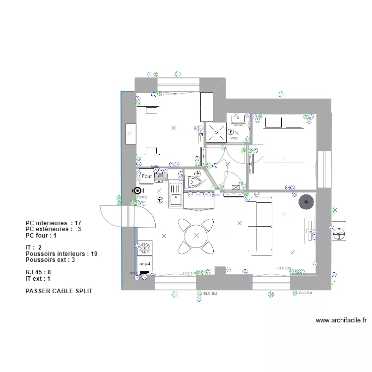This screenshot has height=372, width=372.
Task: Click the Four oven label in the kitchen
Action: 147,176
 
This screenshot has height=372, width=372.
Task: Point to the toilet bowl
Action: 193,182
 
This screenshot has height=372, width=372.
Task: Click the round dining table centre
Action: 196,235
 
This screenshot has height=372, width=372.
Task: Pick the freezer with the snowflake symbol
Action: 145,248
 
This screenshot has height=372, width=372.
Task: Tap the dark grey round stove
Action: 306,202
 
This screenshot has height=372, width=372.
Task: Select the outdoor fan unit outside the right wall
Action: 340,232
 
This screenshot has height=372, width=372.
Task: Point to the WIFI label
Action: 133,273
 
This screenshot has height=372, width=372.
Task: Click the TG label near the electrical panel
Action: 241,184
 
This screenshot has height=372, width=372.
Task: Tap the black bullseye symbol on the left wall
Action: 137,190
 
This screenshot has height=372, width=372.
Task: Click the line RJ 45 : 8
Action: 38,272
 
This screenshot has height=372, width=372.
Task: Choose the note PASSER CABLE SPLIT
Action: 59,291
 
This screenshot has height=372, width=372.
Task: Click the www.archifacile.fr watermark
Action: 341,320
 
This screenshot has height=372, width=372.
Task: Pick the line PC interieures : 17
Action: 53,223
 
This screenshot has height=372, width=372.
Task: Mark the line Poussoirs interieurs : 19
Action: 61,254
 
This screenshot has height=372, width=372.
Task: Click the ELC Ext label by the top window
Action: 170,94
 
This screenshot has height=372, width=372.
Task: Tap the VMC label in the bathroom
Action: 234,138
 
